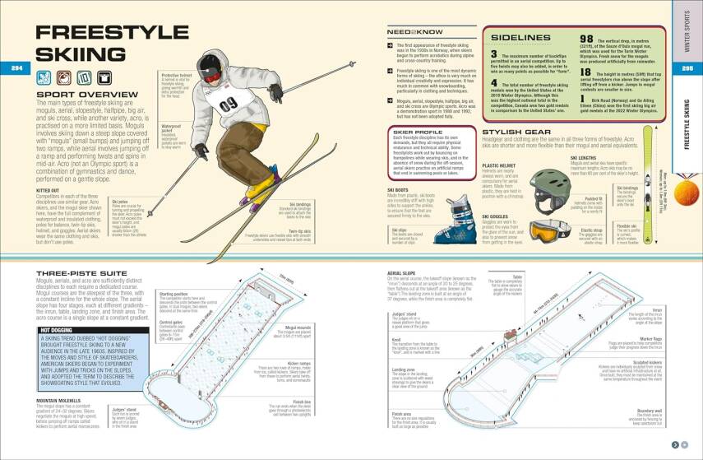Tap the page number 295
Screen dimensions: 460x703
689,67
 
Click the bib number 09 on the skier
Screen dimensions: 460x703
229,104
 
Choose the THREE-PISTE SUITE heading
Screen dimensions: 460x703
81,272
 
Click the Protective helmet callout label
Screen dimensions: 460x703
173,74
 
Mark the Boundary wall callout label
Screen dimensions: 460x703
648,410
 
